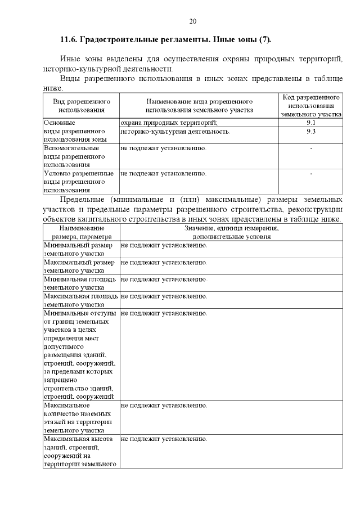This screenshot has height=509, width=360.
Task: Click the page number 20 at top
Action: (192, 21)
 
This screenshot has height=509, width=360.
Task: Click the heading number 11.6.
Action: (69, 39)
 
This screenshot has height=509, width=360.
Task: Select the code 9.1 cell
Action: (311, 122)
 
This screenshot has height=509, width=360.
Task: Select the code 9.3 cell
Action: (311, 131)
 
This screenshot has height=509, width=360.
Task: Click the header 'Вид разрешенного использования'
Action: (81, 106)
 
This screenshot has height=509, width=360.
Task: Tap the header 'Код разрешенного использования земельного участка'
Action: (311, 105)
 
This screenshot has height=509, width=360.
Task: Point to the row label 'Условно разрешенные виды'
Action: (78, 182)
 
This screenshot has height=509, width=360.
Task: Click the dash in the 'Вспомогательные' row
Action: (311, 148)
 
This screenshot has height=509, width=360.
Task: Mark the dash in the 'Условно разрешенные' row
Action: (311, 174)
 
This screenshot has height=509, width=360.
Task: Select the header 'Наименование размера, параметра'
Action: (81, 232)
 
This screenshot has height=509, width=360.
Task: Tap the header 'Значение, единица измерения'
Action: (231, 232)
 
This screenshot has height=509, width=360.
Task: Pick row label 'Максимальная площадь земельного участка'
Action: (80, 300)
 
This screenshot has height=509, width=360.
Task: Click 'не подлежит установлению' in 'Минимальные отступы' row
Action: (164, 313)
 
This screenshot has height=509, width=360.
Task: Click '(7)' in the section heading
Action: (264, 39)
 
